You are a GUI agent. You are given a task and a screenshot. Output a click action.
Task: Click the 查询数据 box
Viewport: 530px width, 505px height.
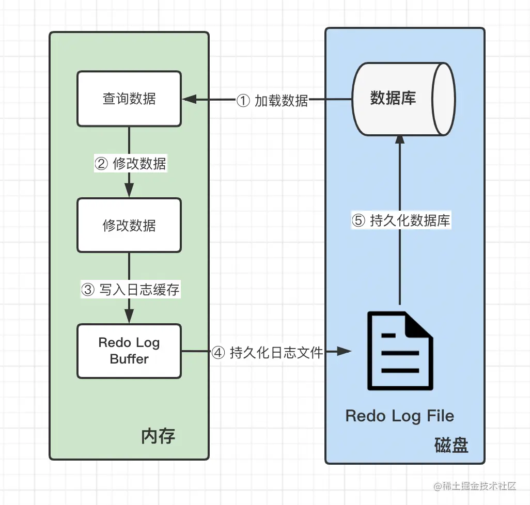click(x=129, y=99)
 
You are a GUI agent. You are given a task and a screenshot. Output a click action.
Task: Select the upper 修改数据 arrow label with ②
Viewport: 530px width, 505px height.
click(x=130, y=164)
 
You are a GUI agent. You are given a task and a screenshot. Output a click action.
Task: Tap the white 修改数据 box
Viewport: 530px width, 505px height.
click(x=129, y=226)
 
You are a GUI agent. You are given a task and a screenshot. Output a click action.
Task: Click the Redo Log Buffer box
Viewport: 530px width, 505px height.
click(x=129, y=351)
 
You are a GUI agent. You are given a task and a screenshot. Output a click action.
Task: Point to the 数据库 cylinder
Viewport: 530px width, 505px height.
click(x=403, y=99)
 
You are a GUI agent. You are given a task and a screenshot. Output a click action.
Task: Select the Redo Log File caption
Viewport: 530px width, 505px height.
click(x=400, y=416)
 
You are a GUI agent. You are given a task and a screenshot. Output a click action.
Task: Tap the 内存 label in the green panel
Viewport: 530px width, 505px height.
click(x=159, y=437)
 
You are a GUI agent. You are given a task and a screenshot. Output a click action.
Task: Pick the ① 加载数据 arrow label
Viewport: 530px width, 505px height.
click(x=272, y=101)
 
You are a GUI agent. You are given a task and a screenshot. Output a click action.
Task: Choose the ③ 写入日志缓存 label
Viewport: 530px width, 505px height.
click(x=130, y=290)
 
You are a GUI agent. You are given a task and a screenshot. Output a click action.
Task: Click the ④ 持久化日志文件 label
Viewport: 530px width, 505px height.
click(x=267, y=353)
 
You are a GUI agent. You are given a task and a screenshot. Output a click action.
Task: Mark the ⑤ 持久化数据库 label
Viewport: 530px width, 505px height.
click(x=401, y=221)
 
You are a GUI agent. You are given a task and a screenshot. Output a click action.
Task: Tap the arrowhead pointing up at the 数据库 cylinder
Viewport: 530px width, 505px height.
click(x=400, y=138)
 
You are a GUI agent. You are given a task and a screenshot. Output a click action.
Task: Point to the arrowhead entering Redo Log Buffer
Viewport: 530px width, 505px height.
click(x=129, y=317)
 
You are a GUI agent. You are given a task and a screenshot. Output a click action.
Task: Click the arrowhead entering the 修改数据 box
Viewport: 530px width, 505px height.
click(x=129, y=191)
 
